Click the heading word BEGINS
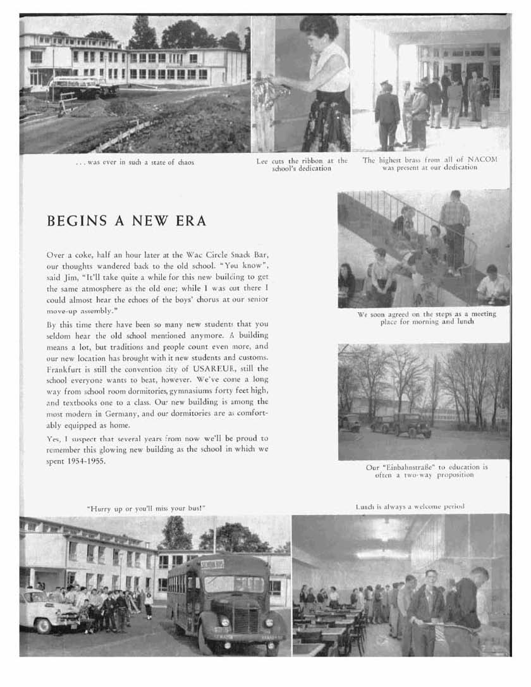click(75, 223)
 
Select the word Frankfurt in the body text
click(66, 367)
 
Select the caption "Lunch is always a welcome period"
click(410, 506)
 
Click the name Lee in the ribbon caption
click(262, 161)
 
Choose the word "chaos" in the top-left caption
click(181, 162)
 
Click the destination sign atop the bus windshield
click(212, 564)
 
